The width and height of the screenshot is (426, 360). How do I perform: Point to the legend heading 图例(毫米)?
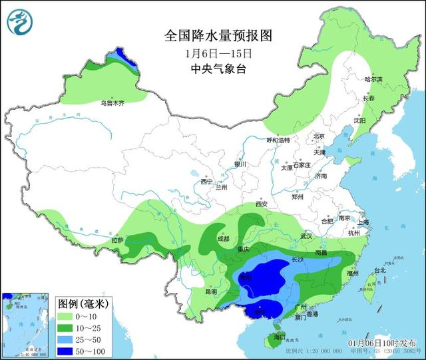pyautogui.click(x=83, y=303)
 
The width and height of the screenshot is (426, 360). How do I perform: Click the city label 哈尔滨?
pyautogui.click(x=373, y=79)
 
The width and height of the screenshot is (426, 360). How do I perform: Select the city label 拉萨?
pyautogui.click(x=117, y=240)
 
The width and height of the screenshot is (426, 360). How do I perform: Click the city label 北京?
pyautogui.click(x=318, y=136)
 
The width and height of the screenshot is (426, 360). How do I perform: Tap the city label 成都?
pyautogui.click(x=222, y=239)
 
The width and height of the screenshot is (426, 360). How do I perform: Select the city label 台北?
pyautogui.click(x=379, y=271)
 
